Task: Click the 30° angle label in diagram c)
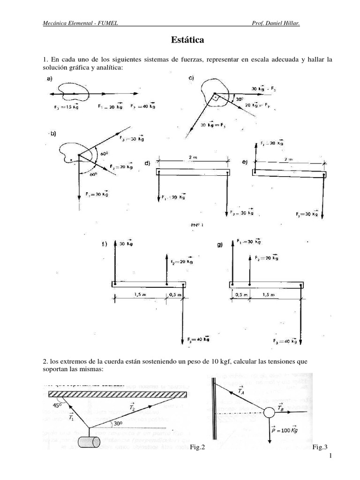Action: click(x=240, y=99)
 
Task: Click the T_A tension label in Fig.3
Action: click(x=240, y=390)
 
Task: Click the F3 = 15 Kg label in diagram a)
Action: click(x=65, y=106)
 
